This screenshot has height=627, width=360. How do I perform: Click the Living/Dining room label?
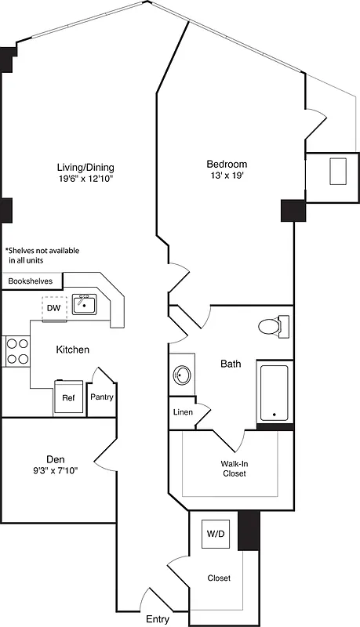pos(85,167)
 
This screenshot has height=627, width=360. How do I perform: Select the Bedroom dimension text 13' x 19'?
pos(227,177)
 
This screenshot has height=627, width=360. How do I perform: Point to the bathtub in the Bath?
pos(275,391)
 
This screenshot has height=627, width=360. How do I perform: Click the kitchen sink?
pos(84,304)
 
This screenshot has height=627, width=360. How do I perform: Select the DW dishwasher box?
pos(53,308)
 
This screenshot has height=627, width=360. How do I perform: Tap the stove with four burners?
pos(17,350)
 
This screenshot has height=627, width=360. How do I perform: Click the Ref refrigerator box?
pos(68,397)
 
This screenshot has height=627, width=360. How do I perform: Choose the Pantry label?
pos(102,397)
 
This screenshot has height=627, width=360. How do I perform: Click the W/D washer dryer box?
pos(215,535)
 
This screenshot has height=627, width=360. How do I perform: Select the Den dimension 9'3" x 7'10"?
pos(55,471)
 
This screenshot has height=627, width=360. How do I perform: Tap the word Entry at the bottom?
pos(158,619)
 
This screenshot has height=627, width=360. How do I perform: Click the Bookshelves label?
pos(31,281)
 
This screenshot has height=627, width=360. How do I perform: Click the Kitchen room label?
pos(72,350)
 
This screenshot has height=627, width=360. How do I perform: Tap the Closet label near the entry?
pos(219,578)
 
